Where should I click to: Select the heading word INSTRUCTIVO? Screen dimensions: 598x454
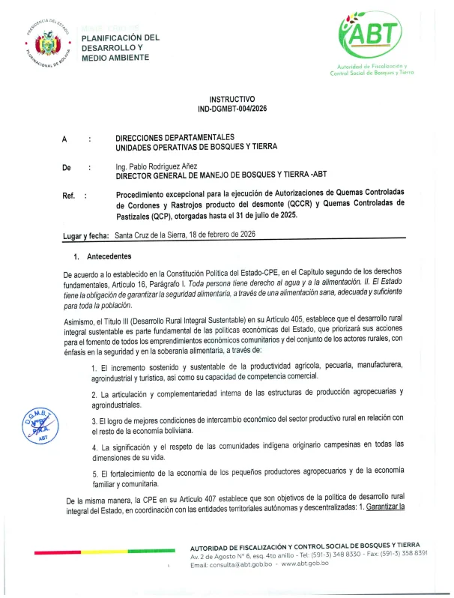(x=231, y=99)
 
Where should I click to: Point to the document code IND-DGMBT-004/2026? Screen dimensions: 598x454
(x=231, y=109)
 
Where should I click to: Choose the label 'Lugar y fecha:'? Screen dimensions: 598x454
(x=87, y=235)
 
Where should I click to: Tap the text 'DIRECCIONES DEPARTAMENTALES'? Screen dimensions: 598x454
(x=175, y=137)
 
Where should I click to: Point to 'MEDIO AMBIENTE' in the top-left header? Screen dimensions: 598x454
(x=115, y=58)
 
